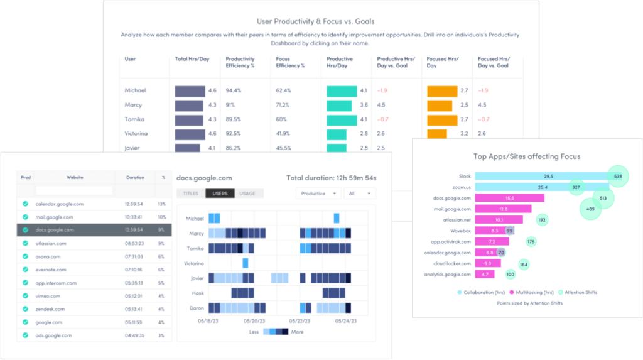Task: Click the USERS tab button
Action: click(x=220, y=193)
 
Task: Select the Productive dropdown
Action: click(x=318, y=194)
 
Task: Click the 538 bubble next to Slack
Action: click(x=618, y=177)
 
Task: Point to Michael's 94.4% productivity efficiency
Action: click(x=234, y=90)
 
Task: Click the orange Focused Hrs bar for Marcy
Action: click(x=442, y=105)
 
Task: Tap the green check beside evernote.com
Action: click(x=25, y=270)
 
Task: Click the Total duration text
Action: click(x=331, y=178)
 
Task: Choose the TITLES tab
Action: click(x=191, y=193)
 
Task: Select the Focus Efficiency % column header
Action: click(x=290, y=62)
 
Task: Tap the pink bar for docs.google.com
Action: click(x=509, y=198)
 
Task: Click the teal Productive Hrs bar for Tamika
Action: click(x=342, y=119)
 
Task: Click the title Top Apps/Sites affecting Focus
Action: click(x=526, y=156)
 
